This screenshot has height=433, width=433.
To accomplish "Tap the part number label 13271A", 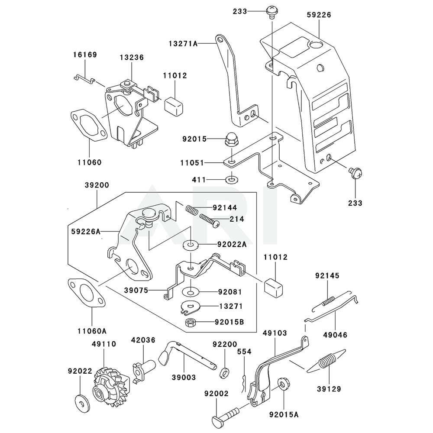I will click(x=183, y=43).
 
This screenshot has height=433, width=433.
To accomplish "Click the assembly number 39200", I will click(x=97, y=185).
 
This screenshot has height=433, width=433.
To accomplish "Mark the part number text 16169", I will click(x=84, y=55).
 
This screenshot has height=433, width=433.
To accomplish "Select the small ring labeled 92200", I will click(x=225, y=371).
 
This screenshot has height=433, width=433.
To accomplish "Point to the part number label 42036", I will click(x=143, y=340).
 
